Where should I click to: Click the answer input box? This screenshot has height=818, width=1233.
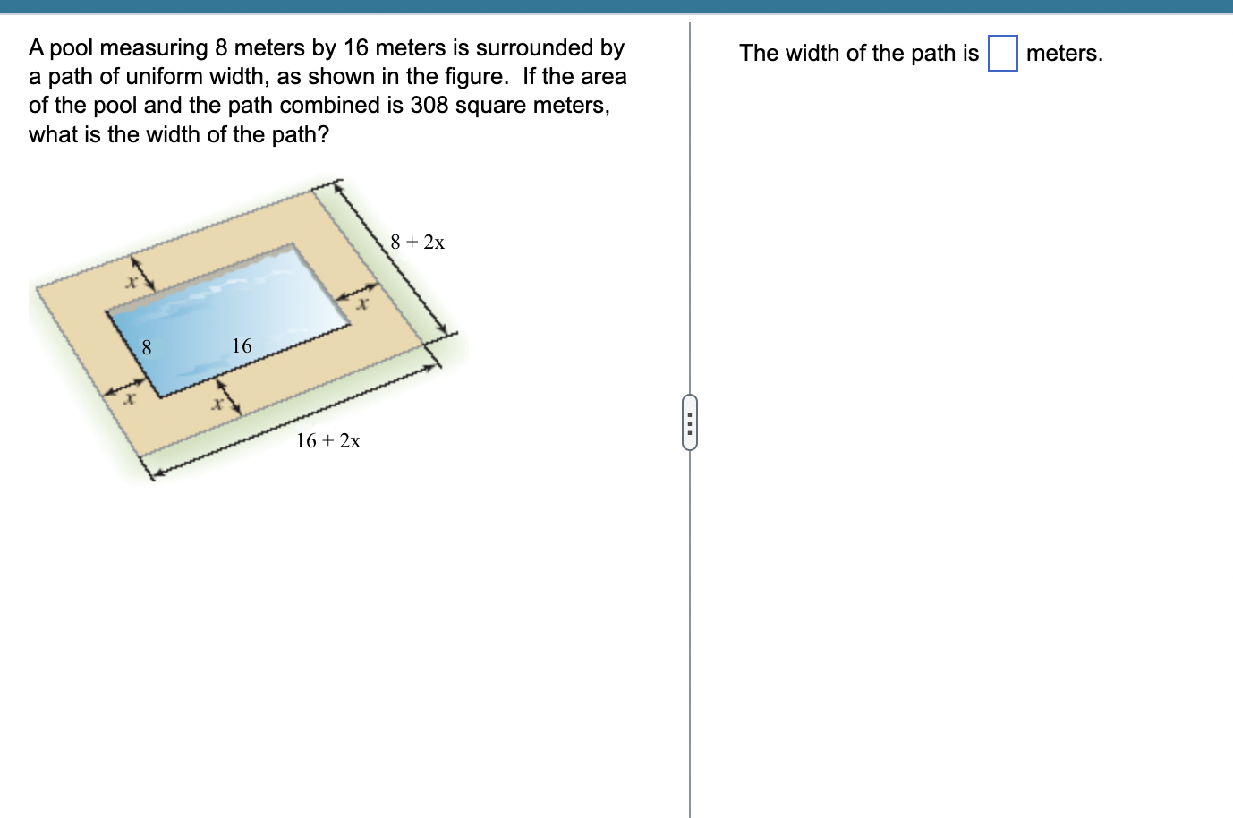pyautogui.click(x=1002, y=53)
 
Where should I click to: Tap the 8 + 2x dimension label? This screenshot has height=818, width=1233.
pyautogui.click(x=418, y=242)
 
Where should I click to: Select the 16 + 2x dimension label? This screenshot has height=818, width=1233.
pyautogui.click(x=328, y=440)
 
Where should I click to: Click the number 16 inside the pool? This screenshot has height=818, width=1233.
pyautogui.click(x=242, y=345)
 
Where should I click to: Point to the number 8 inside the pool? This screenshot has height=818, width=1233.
pyautogui.click(x=147, y=347)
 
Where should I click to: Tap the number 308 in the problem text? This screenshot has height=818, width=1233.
pyautogui.click(x=429, y=105)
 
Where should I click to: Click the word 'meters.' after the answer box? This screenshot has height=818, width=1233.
pyautogui.click(x=1065, y=53)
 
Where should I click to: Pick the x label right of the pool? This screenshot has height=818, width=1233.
pyautogui.click(x=361, y=305)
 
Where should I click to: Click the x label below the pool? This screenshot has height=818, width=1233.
pyautogui.click(x=216, y=405)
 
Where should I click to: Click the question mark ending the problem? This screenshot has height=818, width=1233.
pyautogui.click(x=323, y=134)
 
